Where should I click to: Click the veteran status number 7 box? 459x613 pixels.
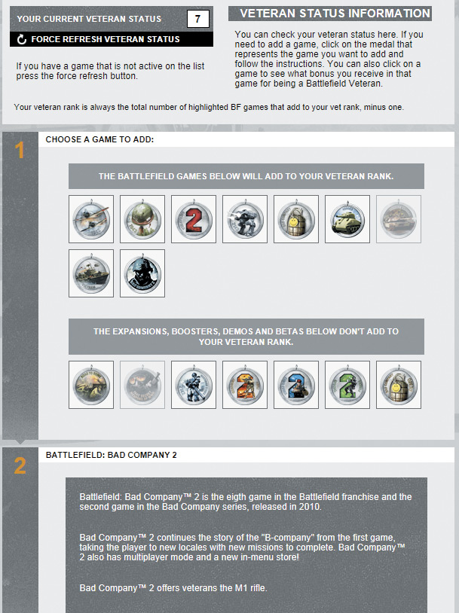point(197,19)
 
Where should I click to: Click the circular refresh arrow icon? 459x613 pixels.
point(22,39)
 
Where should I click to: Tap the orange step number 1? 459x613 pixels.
point(19,151)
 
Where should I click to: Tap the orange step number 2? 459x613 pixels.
point(20,465)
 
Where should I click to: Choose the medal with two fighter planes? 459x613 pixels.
point(91,219)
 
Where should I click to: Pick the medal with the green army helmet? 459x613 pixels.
point(142,219)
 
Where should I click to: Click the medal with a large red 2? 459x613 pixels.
point(194,219)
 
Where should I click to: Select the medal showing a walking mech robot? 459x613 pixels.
point(245,219)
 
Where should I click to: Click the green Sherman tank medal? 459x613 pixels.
point(347,219)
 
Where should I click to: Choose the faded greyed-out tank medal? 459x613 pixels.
point(399,219)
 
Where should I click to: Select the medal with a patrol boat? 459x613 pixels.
point(91,273)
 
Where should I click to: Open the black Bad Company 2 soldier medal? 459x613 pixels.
point(142,273)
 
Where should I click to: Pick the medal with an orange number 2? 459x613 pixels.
point(245,385)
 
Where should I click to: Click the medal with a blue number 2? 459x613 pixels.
point(296,385)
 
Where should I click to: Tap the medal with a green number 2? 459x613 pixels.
point(347,385)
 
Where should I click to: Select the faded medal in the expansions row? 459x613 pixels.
point(142,385)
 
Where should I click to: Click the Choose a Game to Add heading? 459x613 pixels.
point(99,139)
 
